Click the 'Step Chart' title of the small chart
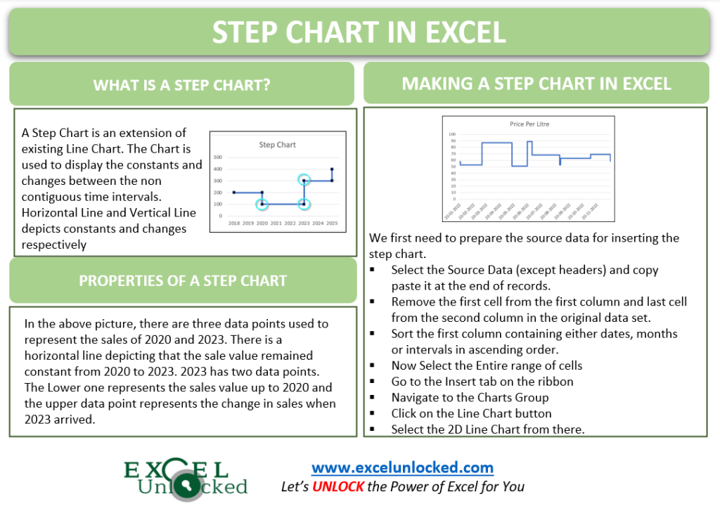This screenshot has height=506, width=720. tap(277, 145)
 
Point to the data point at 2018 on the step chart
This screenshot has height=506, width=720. tap(234, 193)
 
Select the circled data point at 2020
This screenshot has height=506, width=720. tap(262, 205)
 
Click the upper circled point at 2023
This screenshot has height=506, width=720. tap(304, 181)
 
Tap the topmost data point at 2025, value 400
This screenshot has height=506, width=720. tap(332, 169)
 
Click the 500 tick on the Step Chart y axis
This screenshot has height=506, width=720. tap(218, 157)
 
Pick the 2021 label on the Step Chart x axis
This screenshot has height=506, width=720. tap(276, 222)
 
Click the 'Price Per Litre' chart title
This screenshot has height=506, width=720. tap(529, 124)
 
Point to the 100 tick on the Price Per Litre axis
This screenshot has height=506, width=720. tap(451, 134)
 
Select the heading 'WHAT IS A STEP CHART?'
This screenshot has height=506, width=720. tap(182, 85)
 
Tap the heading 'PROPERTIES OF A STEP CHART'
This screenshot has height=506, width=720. tap(183, 280)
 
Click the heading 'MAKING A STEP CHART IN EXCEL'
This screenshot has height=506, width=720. tap(536, 84)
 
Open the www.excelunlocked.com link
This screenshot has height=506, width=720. tap(402, 467)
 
